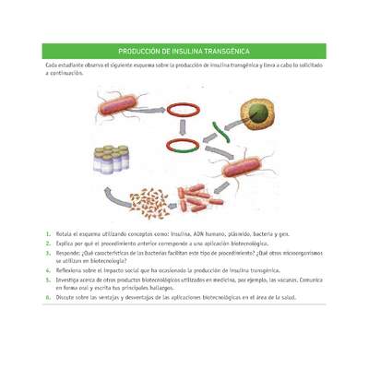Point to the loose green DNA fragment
(x=219, y=129)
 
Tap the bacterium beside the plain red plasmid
(x=127, y=108)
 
